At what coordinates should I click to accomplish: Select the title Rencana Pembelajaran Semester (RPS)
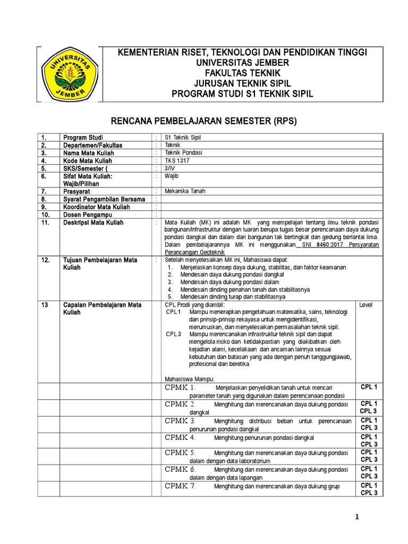point(207,122)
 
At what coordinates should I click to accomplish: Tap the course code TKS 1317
point(177,160)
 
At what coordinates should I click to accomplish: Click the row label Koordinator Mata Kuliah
point(97,207)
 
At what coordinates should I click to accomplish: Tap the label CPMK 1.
point(181,387)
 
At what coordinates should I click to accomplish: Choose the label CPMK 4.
point(181,438)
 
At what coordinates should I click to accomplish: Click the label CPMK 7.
point(181,486)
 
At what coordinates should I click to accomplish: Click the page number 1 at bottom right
point(358,518)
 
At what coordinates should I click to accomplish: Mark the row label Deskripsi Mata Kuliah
point(93,223)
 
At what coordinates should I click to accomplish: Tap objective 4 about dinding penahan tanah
point(245,290)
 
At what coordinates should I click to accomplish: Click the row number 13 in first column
point(45,305)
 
